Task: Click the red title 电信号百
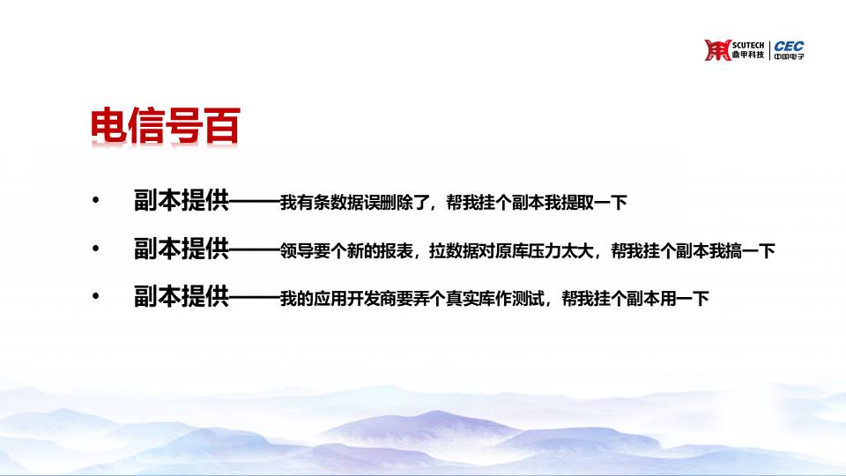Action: point(165,126)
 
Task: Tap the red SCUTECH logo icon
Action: point(717,50)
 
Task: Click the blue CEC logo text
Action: point(789,46)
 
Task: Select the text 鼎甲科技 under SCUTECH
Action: point(748,55)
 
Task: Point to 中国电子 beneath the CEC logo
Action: point(789,56)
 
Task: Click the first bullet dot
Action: point(96,201)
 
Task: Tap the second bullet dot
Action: point(96,249)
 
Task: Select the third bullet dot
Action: point(96,296)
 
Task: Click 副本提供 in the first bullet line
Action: point(182,200)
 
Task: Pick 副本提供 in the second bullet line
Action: point(182,249)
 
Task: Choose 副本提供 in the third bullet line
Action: point(182,296)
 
